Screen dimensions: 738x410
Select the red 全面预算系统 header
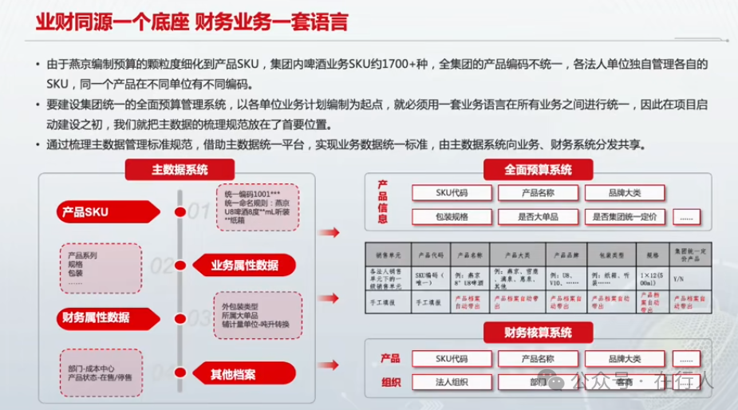click(538, 169)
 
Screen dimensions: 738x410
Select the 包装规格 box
click(452, 216)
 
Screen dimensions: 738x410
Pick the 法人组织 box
click(452, 381)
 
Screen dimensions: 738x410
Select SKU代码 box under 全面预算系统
click(452, 192)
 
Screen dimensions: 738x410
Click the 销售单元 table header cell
click(387, 255)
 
